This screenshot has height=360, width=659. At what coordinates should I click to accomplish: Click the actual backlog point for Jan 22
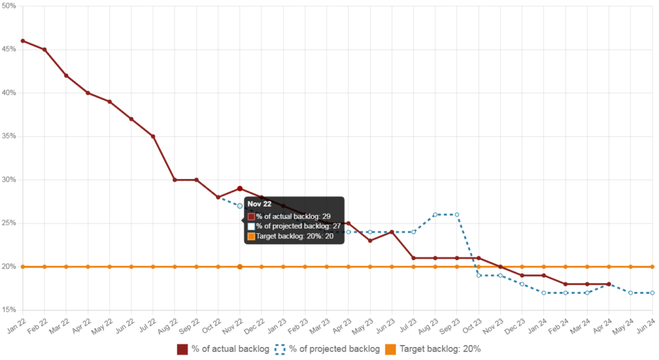click(x=23, y=41)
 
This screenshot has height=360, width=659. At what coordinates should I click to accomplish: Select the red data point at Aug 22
click(x=174, y=180)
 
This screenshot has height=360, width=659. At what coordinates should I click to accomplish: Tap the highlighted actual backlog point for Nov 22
click(x=240, y=189)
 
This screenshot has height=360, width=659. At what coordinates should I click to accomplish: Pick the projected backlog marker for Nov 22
click(x=240, y=206)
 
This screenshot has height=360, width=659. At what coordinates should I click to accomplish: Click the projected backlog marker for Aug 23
click(x=435, y=214)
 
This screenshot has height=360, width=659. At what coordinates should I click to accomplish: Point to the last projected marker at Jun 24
click(x=653, y=292)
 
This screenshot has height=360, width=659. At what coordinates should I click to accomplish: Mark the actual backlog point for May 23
click(x=370, y=240)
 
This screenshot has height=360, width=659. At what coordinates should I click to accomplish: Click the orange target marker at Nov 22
click(x=240, y=267)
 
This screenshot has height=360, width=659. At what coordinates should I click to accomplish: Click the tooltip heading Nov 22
click(x=259, y=204)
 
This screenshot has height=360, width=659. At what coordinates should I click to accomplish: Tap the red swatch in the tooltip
click(x=251, y=216)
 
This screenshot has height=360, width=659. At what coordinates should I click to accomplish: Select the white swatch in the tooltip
click(x=251, y=227)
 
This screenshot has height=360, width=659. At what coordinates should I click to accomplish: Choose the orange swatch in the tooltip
click(x=251, y=236)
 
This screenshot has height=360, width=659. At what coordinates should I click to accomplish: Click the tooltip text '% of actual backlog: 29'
click(x=293, y=216)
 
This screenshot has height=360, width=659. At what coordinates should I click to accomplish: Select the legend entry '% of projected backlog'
click(x=326, y=349)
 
